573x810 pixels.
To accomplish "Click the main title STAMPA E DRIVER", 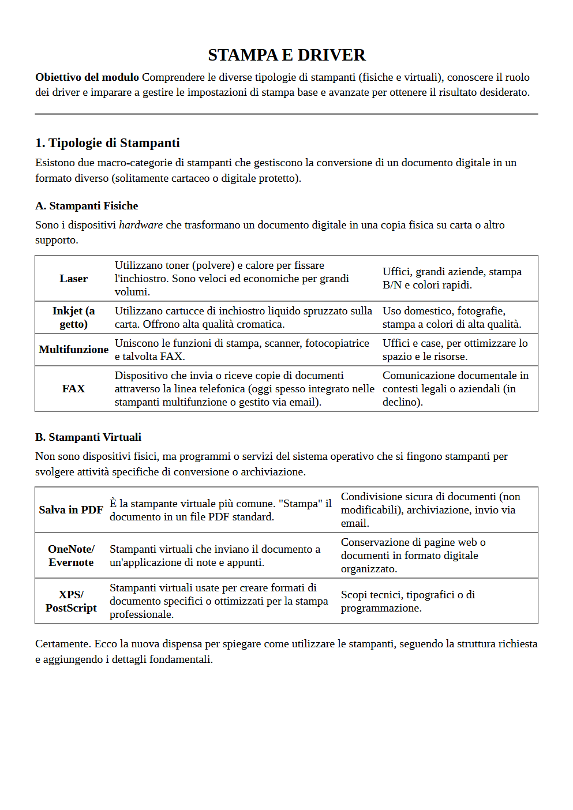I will point(286,55).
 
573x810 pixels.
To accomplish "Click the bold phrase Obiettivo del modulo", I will point(87,77).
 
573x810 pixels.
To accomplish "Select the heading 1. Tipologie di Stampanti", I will point(107,143).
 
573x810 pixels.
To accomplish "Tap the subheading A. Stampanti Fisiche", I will point(87,206).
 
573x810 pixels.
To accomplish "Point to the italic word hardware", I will point(140,225).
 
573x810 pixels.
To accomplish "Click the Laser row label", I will point(73,279).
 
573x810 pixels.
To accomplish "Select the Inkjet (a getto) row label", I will point(73,317).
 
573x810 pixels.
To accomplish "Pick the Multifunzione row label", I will point(73,350).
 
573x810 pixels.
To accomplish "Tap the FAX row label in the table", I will point(73,389).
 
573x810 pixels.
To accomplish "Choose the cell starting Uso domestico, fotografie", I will point(451,317).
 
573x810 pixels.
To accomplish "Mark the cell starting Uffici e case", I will point(455,350).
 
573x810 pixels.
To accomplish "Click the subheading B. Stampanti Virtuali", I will point(88,437).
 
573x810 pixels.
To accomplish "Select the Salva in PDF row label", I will point(71,510).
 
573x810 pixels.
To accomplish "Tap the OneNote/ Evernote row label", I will point(71,556).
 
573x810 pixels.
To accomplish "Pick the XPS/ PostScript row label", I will point(71,601).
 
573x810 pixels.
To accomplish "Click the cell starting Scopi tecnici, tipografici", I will point(407,601).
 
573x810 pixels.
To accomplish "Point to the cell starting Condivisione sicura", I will point(430,510).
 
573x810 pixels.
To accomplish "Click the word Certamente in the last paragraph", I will point(62,644).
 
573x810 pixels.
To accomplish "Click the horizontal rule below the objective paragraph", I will point(286,114).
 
